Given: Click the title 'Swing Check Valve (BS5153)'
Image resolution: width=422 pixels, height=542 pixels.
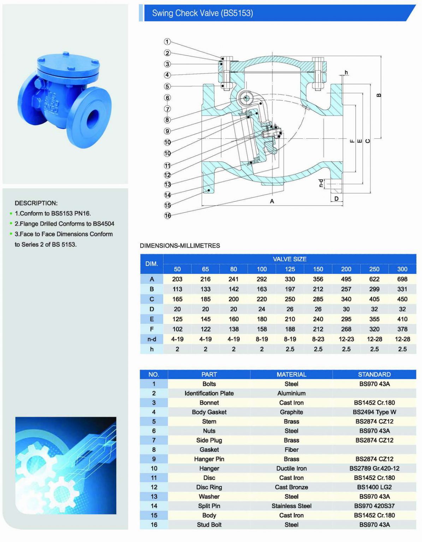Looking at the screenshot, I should click(202, 13).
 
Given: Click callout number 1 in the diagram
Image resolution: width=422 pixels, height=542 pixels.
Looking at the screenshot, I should click(167, 42).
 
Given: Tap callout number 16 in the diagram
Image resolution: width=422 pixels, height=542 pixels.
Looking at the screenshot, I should click(167, 215).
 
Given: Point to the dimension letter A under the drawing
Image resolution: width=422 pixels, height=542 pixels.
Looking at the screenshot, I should click(272, 201).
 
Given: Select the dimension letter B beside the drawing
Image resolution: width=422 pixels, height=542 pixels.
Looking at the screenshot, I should click(379, 95).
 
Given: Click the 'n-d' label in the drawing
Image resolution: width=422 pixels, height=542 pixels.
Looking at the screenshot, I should click(321, 183).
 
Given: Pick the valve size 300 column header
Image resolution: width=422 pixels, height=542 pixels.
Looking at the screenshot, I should click(402, 269).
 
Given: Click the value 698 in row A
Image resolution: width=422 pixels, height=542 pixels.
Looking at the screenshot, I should click(402, 279).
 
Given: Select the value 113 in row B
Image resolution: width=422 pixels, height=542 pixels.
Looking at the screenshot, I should click(177, 289).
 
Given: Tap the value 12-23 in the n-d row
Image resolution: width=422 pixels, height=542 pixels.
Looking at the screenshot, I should click(346, 339).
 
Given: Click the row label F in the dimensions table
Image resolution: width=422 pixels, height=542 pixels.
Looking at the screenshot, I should click(152, 329).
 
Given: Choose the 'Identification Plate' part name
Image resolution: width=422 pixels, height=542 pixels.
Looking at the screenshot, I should click(209, 393).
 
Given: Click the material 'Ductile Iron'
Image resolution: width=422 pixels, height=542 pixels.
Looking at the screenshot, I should click(291, 468).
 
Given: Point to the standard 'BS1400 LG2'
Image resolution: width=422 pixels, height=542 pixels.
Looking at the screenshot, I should click(374, 487).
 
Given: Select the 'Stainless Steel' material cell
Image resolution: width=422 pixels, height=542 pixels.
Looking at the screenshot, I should click(291, 506).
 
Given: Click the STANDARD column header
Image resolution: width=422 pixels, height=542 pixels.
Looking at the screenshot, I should click(374, 374).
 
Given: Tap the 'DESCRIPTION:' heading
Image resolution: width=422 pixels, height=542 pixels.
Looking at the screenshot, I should click(36, 203).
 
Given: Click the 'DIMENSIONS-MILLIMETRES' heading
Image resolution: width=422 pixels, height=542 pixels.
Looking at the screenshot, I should click(180, 246).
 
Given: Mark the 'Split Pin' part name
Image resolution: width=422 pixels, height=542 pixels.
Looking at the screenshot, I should click(209, 506).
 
